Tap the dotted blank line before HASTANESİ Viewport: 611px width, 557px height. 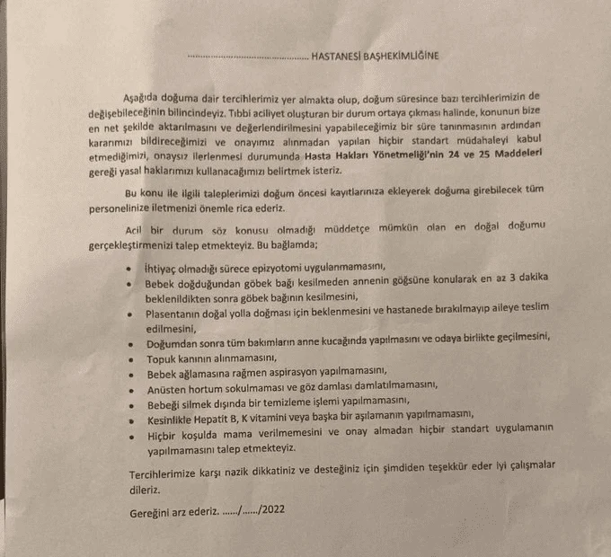(x=248, y=57)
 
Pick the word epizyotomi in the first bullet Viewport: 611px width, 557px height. (x=252, y=268)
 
